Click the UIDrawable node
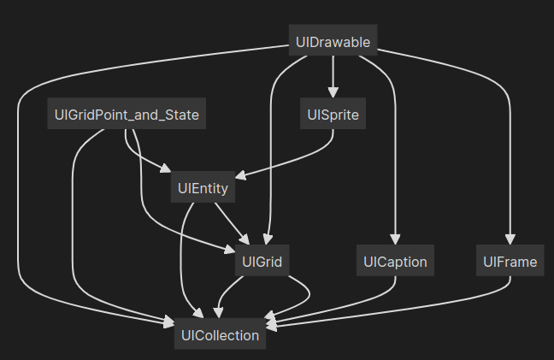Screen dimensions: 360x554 pos(333,41)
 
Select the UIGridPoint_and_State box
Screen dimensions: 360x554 pos(127,115)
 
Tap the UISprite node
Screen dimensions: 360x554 pos(333,115)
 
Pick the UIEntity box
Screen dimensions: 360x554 pos(203,188)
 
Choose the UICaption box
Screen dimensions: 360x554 pos(394,262)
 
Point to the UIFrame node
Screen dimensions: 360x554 pos(510,262)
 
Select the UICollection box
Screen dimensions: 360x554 pos(220,335)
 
